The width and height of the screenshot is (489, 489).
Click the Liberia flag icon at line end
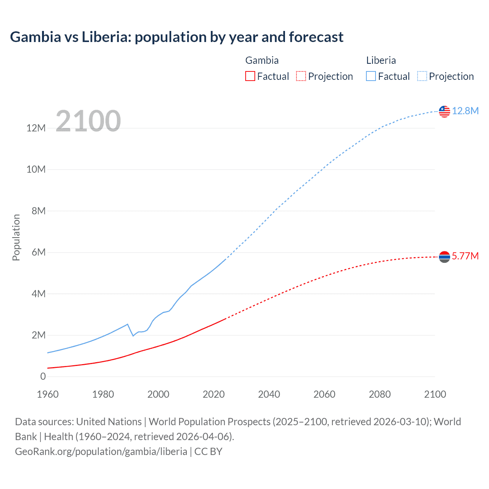click(444, 111)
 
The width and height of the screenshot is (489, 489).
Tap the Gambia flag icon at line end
click(444, 257)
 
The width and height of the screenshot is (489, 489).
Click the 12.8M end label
click(465, 111)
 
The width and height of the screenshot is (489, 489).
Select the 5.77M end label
click(465, 256)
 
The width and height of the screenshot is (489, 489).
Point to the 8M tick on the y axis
click(39, 211)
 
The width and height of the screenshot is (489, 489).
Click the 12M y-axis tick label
click(36, 128)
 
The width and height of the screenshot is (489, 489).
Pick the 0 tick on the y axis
click(43, 376)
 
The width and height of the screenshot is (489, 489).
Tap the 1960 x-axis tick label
click(48, 394)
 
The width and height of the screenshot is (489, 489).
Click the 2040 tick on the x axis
click(269, 394)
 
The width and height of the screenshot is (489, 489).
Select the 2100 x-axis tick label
click(435, 394)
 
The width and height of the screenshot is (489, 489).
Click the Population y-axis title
click(16, 237)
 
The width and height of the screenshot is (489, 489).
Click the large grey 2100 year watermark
click(88, 121)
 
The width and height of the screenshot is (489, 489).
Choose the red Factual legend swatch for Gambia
click(250, 76)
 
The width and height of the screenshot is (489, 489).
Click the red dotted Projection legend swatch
click(301, 76)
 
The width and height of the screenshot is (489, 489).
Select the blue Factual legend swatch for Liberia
click(371, 76)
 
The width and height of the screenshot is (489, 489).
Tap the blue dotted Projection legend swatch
click(422, 76)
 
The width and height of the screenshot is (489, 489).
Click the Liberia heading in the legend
click(381, 60)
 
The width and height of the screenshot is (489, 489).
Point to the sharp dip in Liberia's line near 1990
click(133, 335)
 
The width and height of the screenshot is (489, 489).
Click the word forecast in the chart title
click(316, 37)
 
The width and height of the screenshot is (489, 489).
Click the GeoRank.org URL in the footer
click(101, 452)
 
